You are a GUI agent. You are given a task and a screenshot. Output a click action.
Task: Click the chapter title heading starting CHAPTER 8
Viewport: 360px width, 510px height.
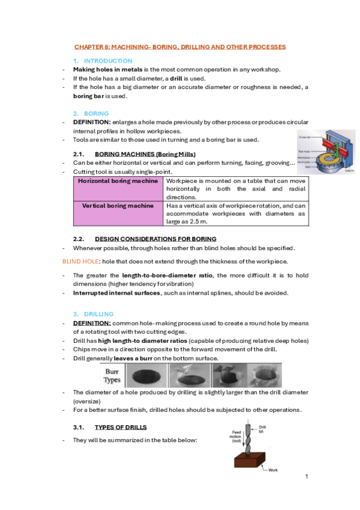tap(180, 46)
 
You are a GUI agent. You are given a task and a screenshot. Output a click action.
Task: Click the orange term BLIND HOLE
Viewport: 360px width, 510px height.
tap(81, 261)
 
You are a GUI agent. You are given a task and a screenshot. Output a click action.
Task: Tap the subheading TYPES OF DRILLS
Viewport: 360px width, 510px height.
tap(121, 427)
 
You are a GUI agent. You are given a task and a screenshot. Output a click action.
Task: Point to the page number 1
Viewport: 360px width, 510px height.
tap(307, 476)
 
